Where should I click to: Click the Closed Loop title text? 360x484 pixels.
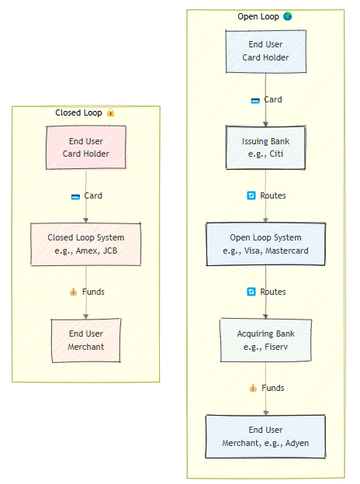pyautogui.click(x=79, y=112)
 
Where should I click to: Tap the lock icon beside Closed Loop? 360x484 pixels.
pyautogui.click(x=111, y=113)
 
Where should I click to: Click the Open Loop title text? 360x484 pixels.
pyautogui.click(x=258, y=16)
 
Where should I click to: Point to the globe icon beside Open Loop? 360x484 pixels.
pyautogui.click(x=288, y=16)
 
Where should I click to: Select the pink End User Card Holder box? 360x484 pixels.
pyautogui.click(x=86, y=147)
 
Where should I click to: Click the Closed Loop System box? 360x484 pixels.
pyautogui.click(x=86, y=244)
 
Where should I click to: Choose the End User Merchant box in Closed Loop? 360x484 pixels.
pyautogui.click(x=86, y=340)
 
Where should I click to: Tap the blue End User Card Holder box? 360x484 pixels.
pyautogui.click(x=265, y=51)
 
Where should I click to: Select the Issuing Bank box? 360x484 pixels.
pyautogui.click(x=265, y=147)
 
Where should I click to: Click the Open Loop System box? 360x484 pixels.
pyautogui.click(x=265, y=244)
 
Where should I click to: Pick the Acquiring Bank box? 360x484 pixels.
pyautogui.click(x=265, y=340)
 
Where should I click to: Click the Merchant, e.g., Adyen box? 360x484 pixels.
pyautogui.click(x=265, y=436)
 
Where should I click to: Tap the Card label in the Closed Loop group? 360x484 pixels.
pyautogui.click(x=92, y=195)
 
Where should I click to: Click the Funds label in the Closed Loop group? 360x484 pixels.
pyautogui.click(x=92, y=292)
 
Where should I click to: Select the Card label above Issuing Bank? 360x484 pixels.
pyautogui.click(x=272, y=99)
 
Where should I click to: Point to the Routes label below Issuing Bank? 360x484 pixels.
pyautogui.click(x=272, y=195)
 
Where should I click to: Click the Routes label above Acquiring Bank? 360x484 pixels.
pyautogui.click(x=272, y=292)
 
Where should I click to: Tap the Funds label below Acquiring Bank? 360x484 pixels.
pyautogui.click(x=272, y=388)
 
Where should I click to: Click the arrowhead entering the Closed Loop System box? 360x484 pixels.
pyautogui.click(x=86, y=220)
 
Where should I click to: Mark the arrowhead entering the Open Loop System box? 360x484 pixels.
pyautogui.click(x=265, y=220)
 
